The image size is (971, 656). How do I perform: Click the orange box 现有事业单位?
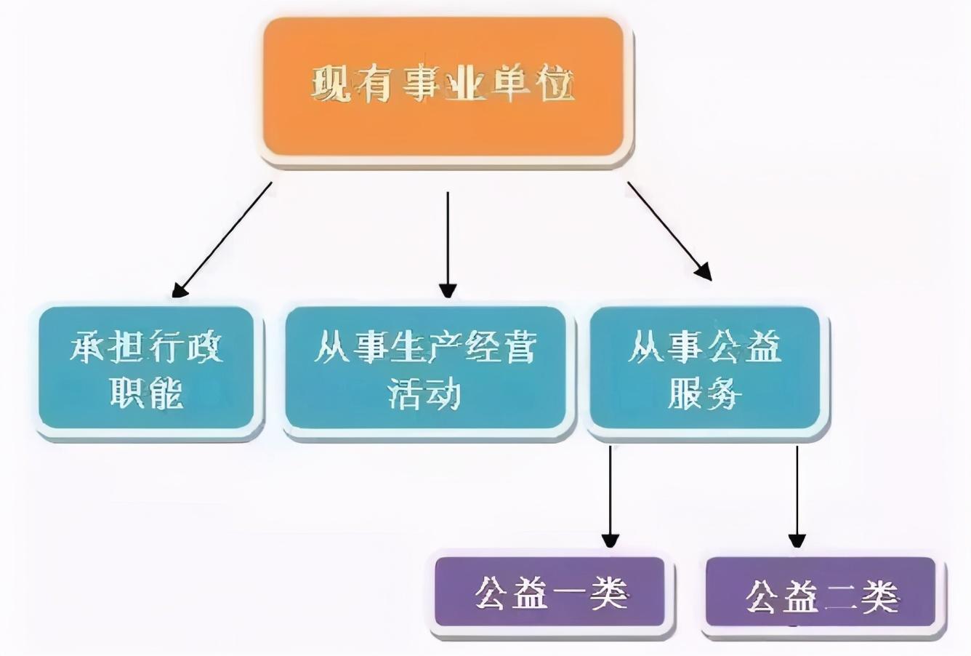point(443,87)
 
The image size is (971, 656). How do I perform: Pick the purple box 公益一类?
point(550,592)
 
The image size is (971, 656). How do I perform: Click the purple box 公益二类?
point(821,595)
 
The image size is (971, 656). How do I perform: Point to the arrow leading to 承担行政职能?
point(222,240)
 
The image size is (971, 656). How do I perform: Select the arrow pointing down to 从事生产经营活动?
point(448,244)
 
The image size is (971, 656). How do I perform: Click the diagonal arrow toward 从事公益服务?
point(669,230)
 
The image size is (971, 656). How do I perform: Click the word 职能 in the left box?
point(147,393)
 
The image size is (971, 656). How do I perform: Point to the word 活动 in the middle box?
point(425,393)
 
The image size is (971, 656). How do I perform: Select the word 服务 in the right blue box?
point(704,393)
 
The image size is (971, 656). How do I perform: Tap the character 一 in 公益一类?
point(569,593)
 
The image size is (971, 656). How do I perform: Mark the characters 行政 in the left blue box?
point(185,348)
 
